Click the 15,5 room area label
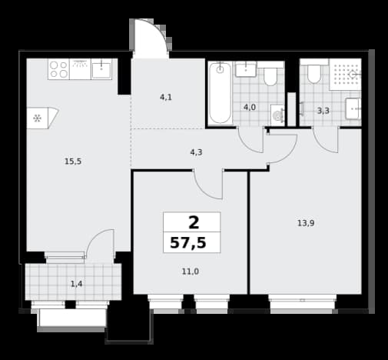(x=73, y=162)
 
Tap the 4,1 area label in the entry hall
(x=166, y=97)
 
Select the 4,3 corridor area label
(x=196, y=152)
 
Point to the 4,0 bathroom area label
(x=250, y=107)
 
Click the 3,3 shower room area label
(x=323, y=111)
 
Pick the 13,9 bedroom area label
(x=306, y=223)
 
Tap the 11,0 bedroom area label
(x=191, y=272)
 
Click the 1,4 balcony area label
(x=76, y=284)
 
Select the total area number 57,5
(x=188, y=242)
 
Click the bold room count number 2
(x=194, y=222)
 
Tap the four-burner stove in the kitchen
(x=58, y=69)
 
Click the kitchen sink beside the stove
(x=101, y=69)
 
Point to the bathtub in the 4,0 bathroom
(x=220, y=93)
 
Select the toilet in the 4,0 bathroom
(x=270, y=76)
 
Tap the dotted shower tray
(x=345, y=75)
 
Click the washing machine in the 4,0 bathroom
(x=277, y=115)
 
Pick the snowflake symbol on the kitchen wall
(x=38, y=118)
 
